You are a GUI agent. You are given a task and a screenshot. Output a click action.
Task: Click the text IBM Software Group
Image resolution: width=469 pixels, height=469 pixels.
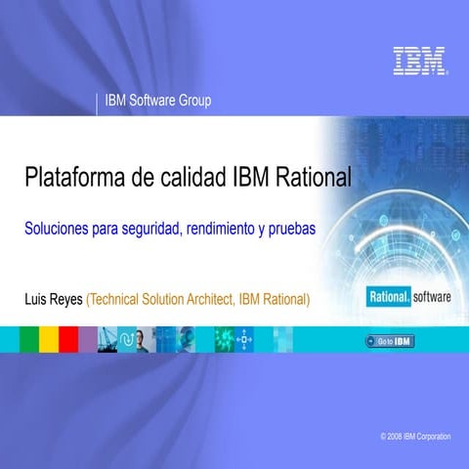[x=157, y=101]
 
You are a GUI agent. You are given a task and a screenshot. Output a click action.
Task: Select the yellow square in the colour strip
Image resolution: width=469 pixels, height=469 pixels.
[x=48, y=339]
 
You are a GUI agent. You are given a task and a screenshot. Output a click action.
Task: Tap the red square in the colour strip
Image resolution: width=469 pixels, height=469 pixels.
[x=67, y=339]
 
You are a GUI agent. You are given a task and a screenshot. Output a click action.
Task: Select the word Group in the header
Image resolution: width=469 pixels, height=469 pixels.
[x=194, y=101]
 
